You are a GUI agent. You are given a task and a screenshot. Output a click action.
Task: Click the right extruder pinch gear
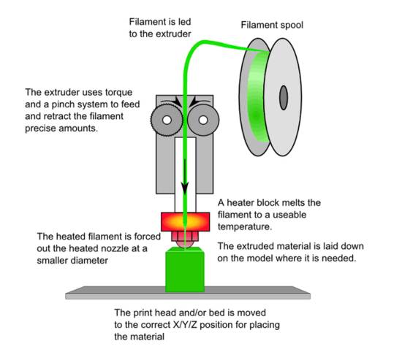203,119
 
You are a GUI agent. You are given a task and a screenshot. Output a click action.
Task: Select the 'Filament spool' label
272,24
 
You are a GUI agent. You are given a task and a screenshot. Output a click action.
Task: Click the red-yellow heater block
186,221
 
